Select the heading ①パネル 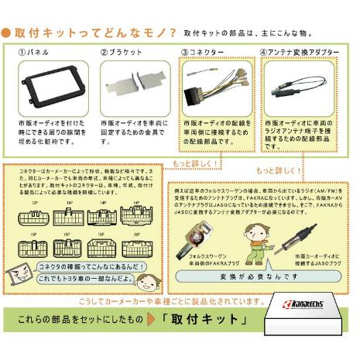pos(36,52)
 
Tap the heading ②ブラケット pos(121,52)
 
